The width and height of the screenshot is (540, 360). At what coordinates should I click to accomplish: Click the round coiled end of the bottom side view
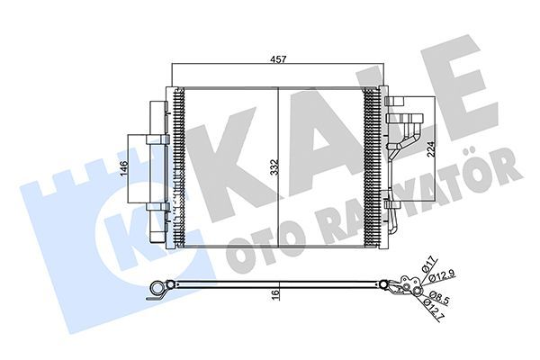click(161, 289)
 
